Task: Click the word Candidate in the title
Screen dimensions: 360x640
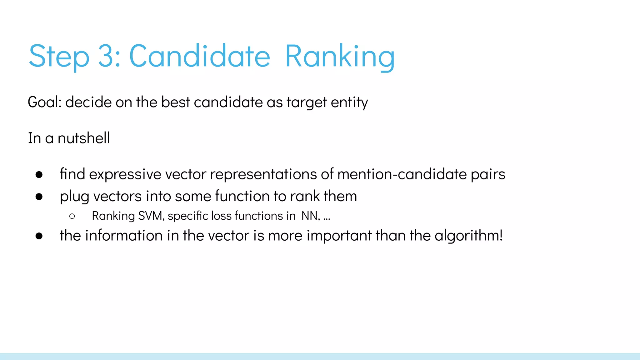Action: (x=199, y=56)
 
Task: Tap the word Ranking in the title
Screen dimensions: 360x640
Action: (x=340, y=56)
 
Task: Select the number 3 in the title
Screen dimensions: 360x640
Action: (x=106, y=56)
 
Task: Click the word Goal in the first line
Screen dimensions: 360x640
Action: (x=44, y=102)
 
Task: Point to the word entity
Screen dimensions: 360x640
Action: (x=349, y=102)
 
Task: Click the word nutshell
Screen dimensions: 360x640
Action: (x=84, y=138)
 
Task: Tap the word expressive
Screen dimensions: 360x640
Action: (x=125, y=174)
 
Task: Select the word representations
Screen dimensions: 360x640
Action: (x=263, y=174)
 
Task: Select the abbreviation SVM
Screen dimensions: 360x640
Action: (x=151, y=216)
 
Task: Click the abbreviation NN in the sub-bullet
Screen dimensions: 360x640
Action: (x=309, y=216)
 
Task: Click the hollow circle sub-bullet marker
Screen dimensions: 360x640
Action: (x=72, y=216)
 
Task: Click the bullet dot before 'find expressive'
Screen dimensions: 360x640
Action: (x=39, y=174)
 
